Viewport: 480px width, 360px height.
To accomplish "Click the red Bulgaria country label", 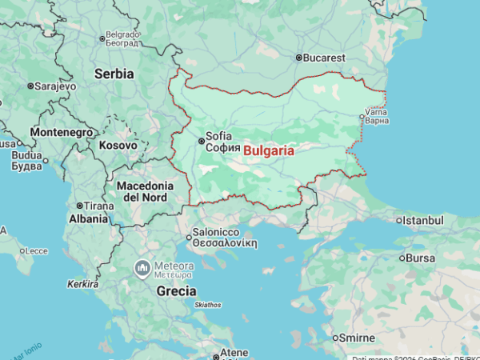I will coord(269,150).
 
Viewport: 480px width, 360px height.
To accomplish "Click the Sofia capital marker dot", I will coord(201,142).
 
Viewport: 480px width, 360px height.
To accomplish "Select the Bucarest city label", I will coord(324,58).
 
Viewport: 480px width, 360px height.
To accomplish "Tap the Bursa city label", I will coord(421,258).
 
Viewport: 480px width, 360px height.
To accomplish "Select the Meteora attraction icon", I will coord(142,266).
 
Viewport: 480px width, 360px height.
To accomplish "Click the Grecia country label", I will coord(177,290).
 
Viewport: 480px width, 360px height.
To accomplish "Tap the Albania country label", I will coord(88,218).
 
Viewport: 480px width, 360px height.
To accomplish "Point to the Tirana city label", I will coord(99,206).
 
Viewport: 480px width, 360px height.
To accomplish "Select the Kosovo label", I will coord(118,145).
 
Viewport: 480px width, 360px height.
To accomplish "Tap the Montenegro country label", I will coord(62,132).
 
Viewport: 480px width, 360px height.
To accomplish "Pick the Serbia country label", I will coord(114,73).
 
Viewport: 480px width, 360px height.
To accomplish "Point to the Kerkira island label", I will coord(82,284).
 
